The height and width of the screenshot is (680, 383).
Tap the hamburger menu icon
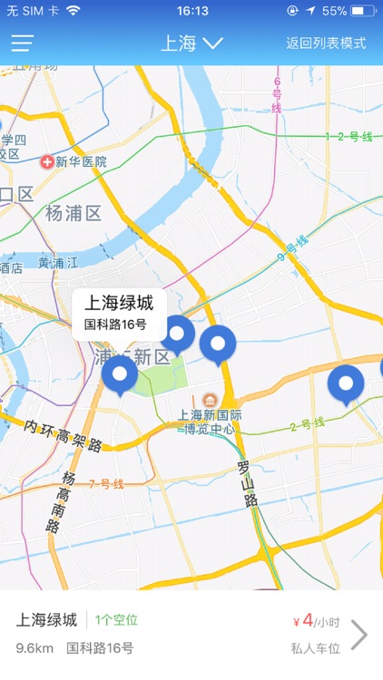[23, 43]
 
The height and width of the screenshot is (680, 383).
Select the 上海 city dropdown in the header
[191, 43]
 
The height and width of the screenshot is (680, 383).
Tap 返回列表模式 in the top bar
[325, 43]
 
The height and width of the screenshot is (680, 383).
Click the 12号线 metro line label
[349, 137]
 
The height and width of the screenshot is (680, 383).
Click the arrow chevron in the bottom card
[358, 635]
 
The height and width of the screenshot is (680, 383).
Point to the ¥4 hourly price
[308, 621]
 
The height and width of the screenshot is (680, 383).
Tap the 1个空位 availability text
[116, 620]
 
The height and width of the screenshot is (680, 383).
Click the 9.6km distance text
[34, 648]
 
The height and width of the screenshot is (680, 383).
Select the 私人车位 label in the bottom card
[315, 648]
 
